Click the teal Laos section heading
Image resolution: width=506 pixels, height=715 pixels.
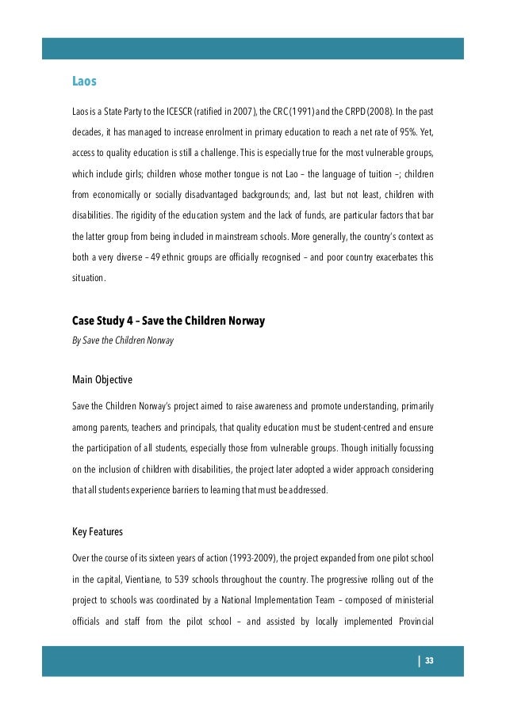84,81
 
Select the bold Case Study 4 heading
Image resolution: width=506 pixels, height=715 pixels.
168,321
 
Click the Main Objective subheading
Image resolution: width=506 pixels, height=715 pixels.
102,380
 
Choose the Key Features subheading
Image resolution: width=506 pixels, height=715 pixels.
98,531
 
